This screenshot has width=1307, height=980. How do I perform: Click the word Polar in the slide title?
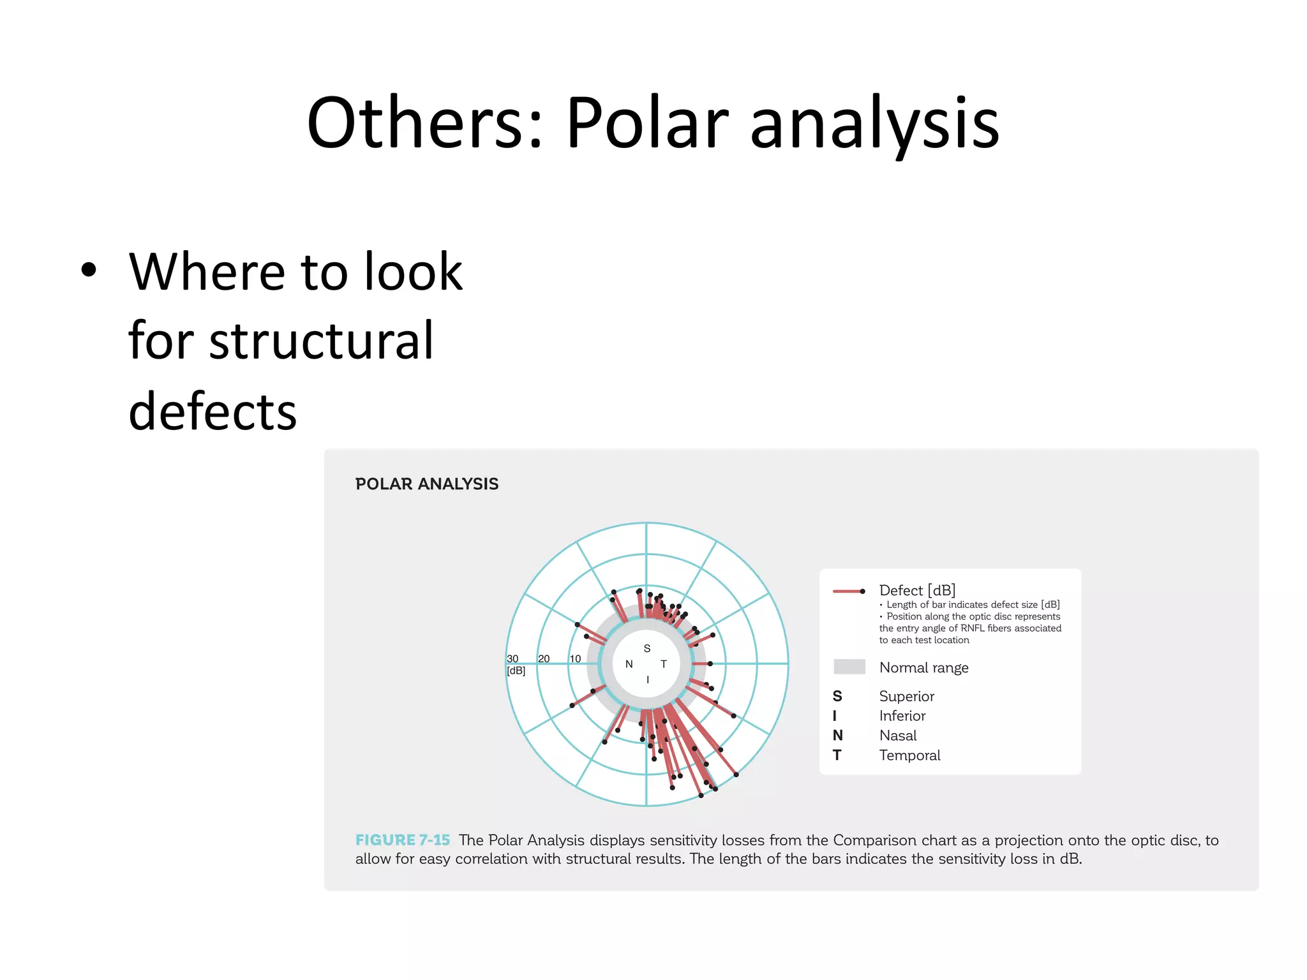coord(646,122)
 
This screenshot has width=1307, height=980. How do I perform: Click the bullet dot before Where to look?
coord(89,270)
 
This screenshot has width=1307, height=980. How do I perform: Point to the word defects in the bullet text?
coord(213,412)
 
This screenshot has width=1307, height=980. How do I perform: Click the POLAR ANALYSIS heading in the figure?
coord(426,484)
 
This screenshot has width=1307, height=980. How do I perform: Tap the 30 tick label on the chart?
coord(512,658)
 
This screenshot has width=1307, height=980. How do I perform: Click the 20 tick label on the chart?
coord(544,658)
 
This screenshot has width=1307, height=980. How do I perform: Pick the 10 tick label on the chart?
coord(575,658)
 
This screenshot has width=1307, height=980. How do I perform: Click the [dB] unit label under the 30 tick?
coord(516,671)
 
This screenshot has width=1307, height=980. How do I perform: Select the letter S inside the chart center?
coord(646,648)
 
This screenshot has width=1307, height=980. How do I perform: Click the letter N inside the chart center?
coord(629,664)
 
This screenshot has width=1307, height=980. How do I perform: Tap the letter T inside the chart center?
coord(664,664)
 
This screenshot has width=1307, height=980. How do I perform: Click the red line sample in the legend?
coord(848,591)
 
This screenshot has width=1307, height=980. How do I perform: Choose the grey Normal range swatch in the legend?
coord(849,667)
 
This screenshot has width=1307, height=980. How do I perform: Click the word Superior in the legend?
coord(906,696)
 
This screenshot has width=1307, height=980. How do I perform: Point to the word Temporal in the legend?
coord(909,755)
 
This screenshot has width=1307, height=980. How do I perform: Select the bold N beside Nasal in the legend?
coord(837,736)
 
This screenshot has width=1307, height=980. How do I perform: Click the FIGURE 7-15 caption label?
coord(402,840)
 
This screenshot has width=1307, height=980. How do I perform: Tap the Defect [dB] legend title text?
coord(916,590)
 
